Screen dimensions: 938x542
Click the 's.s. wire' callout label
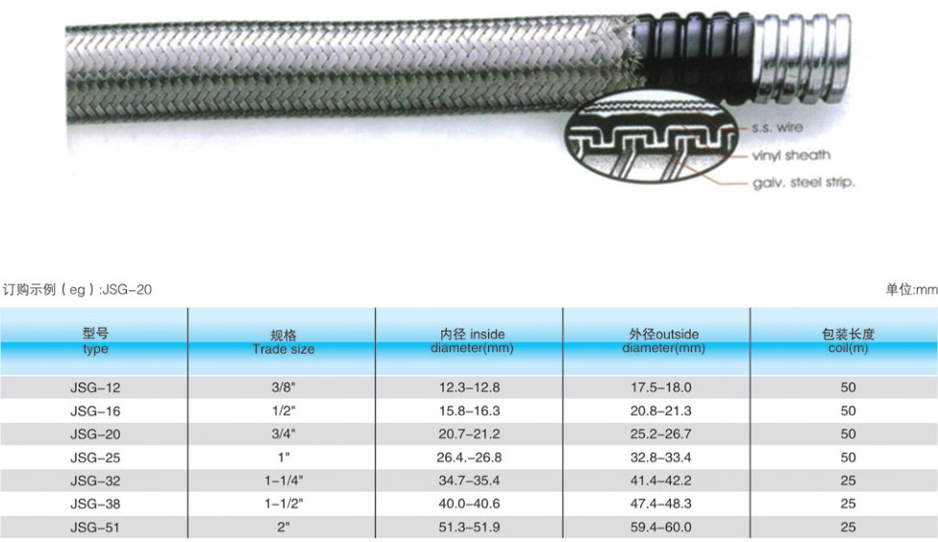click(778, 128)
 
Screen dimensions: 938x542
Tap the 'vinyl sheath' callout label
click(791, 156)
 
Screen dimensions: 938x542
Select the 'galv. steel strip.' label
click(804, 183)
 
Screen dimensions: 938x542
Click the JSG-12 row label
click(95, 387)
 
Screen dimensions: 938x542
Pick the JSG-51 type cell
click(95, 528)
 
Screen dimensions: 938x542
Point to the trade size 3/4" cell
click(284, 433)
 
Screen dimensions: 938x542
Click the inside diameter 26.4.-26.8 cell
click(469, 457)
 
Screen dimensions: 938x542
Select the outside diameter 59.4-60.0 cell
click(660, 528)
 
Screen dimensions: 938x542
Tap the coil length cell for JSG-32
click(848, 480)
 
